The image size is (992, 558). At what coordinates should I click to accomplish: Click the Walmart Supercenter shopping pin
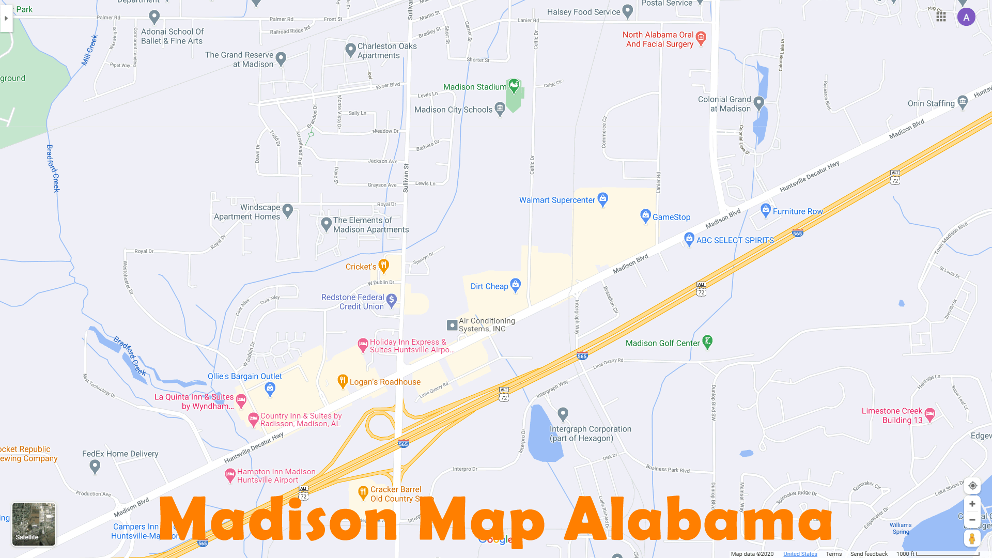[602, 199]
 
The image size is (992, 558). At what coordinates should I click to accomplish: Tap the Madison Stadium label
[474, 87]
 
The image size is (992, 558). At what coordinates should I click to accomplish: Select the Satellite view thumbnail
[34, 524]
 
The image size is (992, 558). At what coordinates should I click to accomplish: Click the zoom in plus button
[972, 504]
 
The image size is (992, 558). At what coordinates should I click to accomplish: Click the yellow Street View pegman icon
[972, 538]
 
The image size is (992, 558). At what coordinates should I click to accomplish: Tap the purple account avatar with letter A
[966, 17]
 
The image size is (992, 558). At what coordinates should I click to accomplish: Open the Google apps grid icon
[941, 17]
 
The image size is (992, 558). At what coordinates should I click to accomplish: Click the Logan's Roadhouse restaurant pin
[342, 381]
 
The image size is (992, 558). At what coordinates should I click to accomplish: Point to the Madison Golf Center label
[662, 343]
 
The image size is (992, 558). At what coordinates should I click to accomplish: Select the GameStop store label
[671, 217]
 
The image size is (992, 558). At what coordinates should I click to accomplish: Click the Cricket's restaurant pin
[383, 266]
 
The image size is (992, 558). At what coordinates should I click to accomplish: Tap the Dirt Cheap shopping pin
[515, 285]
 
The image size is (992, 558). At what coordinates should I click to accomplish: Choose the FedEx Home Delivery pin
[95, 466]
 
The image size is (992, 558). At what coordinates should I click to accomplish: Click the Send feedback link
[869, 554]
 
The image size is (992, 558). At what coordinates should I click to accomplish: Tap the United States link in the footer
[800, 554]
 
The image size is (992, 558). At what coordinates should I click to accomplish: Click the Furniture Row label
[797, 211]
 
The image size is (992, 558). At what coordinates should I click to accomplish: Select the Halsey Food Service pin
[627, 11]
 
